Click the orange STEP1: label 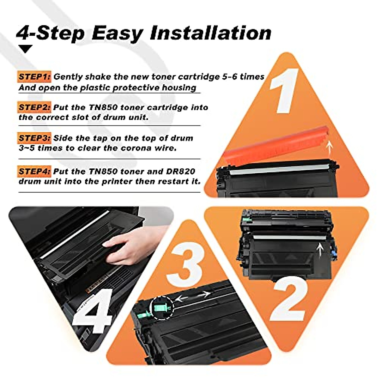pyautogui.click(x=34, y=77)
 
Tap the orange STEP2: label pyautogui.click(x=34, y=107)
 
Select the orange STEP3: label pyautogui.click(x=34, y=138)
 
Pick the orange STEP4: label pyautogui.click(x=34, y=171)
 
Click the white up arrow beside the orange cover pyautogui.click(x=330, y=147)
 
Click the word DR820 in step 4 pyautogui.click(x=180, y=171)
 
